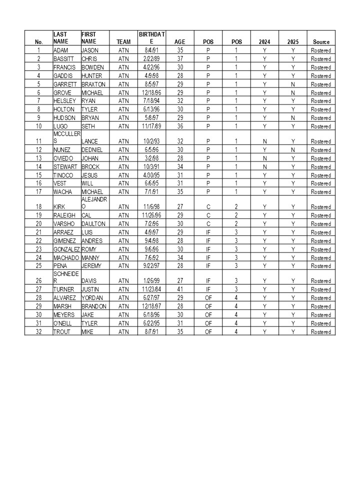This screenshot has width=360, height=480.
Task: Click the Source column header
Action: (x=321, y=42)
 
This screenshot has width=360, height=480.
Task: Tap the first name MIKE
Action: (x=88, y=332)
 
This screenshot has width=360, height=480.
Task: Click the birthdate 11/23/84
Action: (x=152, y=289)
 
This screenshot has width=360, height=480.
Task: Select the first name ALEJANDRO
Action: (x=94, y=203)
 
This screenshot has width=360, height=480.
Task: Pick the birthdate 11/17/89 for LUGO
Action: (x=152, y=126)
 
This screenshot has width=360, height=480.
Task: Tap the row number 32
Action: (x=39, y=332)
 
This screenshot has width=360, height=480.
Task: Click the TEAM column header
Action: (x=123, y=42)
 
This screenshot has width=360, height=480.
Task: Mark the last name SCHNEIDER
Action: (x=66, y=277)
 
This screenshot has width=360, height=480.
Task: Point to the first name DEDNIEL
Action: (x=92, y=150)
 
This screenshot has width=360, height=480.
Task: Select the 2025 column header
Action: (x=292, y=42)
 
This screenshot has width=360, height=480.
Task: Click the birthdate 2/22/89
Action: (x=152, y=59)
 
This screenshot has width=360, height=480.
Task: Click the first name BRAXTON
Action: (x=93, y=84)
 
